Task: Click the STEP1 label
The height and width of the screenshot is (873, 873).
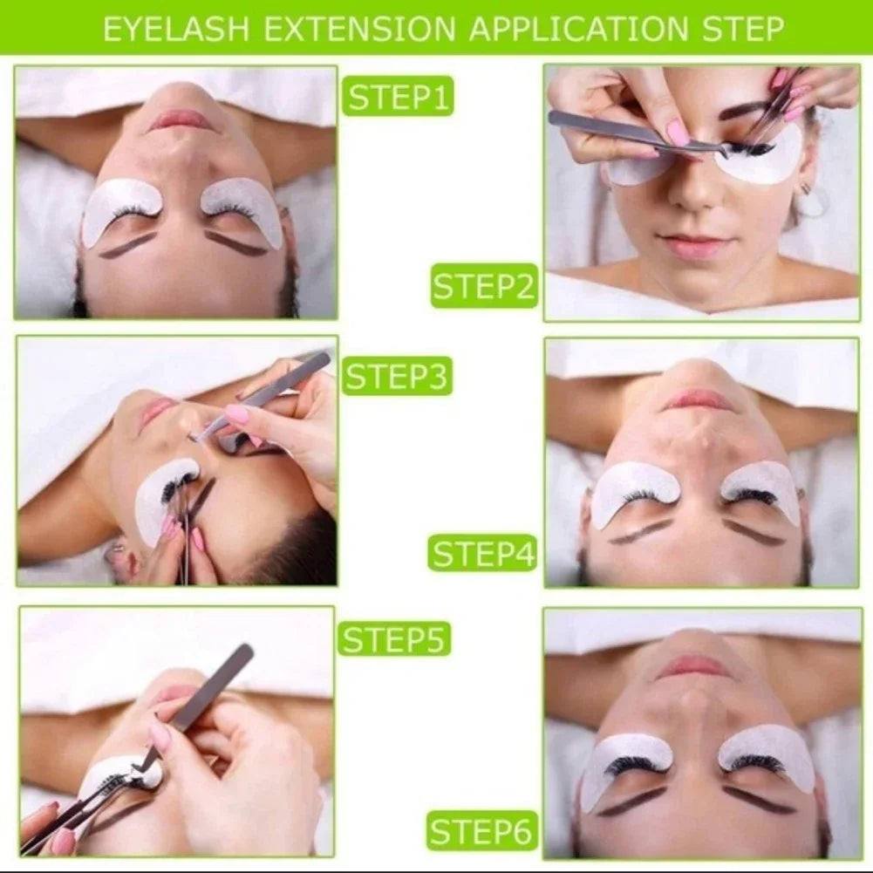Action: click(397, 96)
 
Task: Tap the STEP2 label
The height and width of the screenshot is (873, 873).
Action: click(484, 287)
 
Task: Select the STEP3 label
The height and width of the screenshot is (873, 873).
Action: click(397, 376)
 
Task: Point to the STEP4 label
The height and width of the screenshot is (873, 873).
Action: click(482, 553)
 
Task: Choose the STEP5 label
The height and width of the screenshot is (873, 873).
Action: click(395, 638)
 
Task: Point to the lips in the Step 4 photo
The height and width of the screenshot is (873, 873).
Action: click(699, 400)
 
